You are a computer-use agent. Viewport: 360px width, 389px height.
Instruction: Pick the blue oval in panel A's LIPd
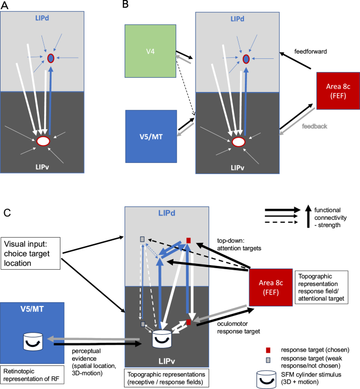[x=51, y=58]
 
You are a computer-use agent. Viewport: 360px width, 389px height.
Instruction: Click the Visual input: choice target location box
[x=32, y=253]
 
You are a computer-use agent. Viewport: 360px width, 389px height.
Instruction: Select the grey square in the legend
[x=269, y=361]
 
